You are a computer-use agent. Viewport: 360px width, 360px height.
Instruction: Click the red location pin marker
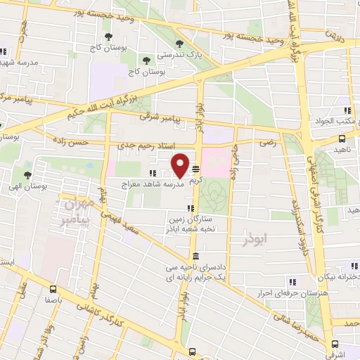click(x=180, y=165)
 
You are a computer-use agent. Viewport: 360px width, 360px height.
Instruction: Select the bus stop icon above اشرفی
click(x=335, y=345)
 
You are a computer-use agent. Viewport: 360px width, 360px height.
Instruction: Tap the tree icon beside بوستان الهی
click(x=27, y=175)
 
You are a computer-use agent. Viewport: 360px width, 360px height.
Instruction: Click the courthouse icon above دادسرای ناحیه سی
click(x=195, y=256)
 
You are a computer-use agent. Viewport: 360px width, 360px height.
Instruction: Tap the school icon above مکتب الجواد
click(x=347, y=110)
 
